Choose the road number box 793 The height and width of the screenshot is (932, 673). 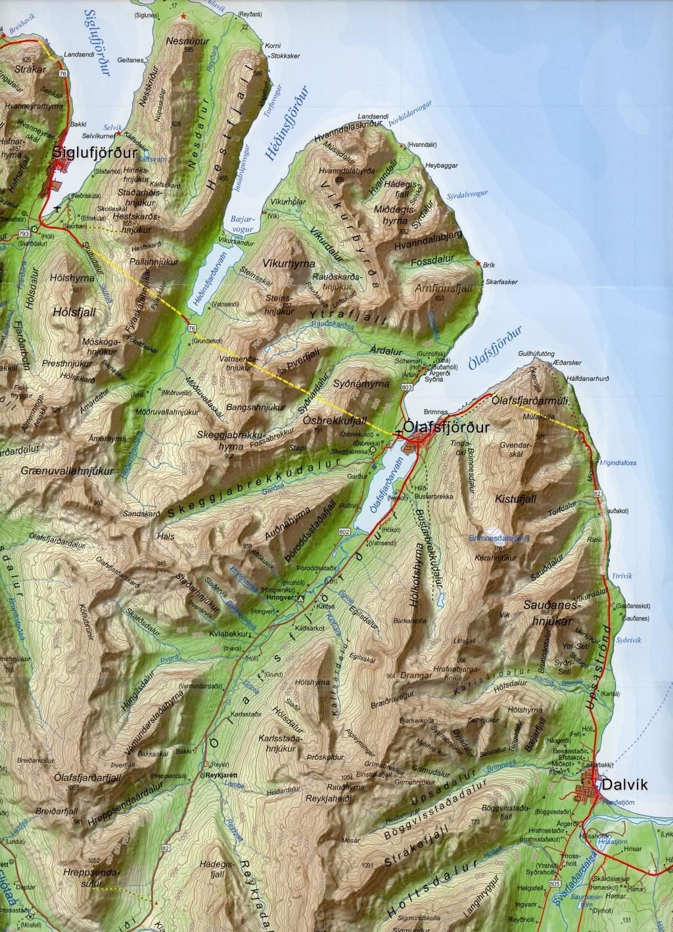(x=24, y=233)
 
